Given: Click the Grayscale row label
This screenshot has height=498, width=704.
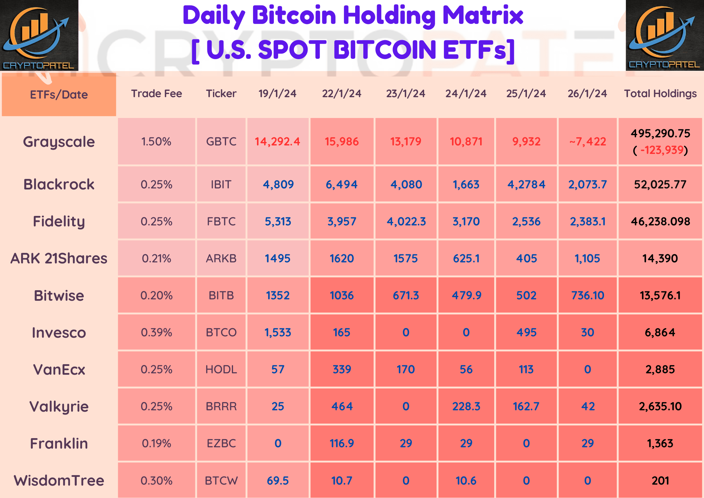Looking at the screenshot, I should pyautogui.click(x=59, y=142).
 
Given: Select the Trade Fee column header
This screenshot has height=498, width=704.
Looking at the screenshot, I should pyautogui.click(x=156, y=93).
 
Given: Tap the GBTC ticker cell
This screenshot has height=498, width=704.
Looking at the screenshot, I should pyautogui.click(x=221, y=142).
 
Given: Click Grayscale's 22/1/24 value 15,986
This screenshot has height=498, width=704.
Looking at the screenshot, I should pyautogui.click(x=341, y=142).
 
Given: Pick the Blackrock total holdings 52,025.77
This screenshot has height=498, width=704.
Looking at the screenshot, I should pyautogui.click(x=660, y=185).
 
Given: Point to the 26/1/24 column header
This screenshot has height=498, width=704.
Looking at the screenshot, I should pyautogui.click(x=587, y=93).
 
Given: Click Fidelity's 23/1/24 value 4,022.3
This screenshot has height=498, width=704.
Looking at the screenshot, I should pyautogui.click(x=406, y=222).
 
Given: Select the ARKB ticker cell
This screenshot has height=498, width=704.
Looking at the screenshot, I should pyautogui.click(x=221, y=259).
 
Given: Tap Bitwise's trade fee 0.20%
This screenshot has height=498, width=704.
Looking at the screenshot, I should pyautogui.click(x=156, y=295).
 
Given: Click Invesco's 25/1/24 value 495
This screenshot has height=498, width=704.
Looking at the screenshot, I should pyautogui.click(x=526, y=332).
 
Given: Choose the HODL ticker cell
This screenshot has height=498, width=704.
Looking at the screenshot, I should pyautogui.click(x=221, y=369).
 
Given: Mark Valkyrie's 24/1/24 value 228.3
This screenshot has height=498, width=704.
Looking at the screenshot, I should pyautogui.click(x=466, y=406).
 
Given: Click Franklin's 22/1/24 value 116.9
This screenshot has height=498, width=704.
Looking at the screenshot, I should pyautogui.click(x=341, y=443).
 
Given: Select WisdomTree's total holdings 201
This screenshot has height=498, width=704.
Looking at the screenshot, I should pyautogui.click(x=660, y=481).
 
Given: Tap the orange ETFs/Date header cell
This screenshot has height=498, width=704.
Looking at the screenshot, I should pyautogui.click(x=59, y=95).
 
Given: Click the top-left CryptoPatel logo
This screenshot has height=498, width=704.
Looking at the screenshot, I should pyautogui.click(x=39, y=35).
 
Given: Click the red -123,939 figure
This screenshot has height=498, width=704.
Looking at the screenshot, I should pyautogui.click(x=661, y=150).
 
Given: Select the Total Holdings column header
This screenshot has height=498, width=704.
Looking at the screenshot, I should pyautogui.click(x=660, y=93).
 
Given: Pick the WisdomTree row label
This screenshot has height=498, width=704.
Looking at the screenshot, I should pyautogui.click(x=59, y=481).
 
